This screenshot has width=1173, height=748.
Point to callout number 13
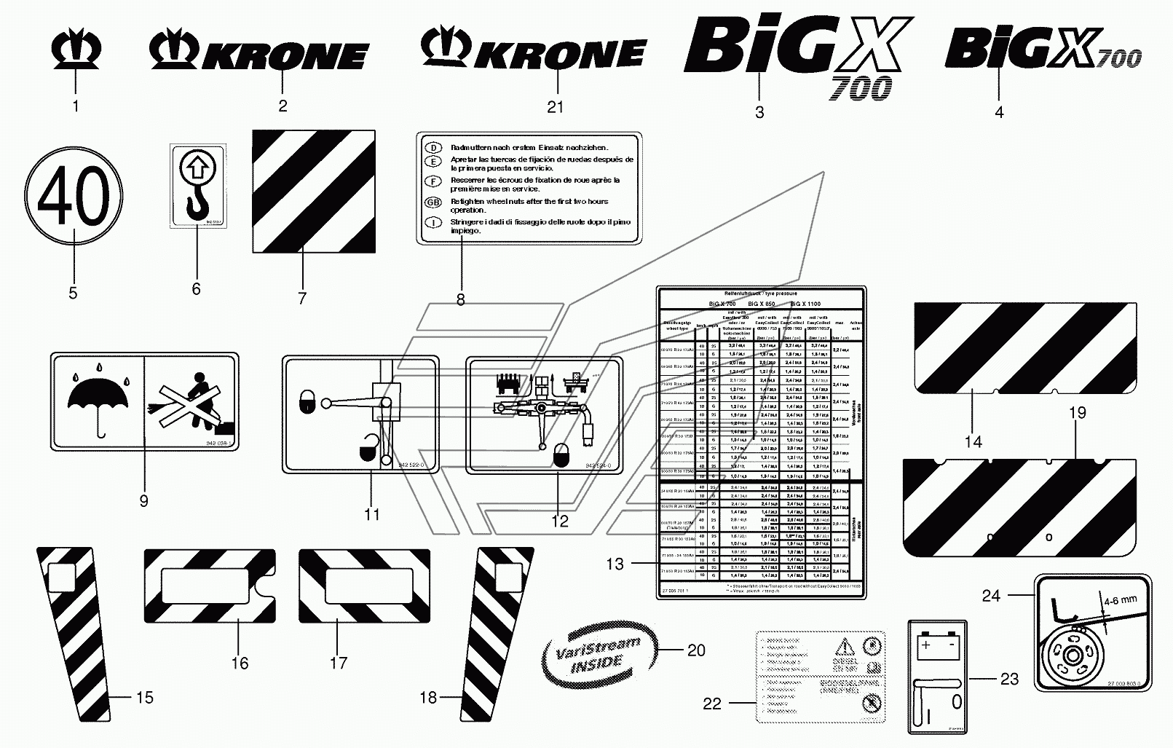tap(615, 563)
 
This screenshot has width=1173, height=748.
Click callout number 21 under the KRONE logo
tap(556, 108)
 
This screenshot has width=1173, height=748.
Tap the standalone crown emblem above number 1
tap(76, 52)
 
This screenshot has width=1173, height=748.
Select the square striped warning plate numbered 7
tap(314, 192)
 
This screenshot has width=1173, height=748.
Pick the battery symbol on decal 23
tap(937, 644)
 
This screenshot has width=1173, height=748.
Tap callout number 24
tap(991, 596)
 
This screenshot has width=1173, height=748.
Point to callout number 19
tap(1078, 413)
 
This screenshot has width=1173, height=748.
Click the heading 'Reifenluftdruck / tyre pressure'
tap(761, 292)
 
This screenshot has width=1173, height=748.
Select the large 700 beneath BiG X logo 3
tap(860, 88)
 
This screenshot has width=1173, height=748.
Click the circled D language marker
tap(433, 148)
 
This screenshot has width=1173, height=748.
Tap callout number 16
tap(240, 663)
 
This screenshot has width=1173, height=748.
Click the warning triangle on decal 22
tap(845, 646)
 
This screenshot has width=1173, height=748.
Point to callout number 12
tap(559, 521)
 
